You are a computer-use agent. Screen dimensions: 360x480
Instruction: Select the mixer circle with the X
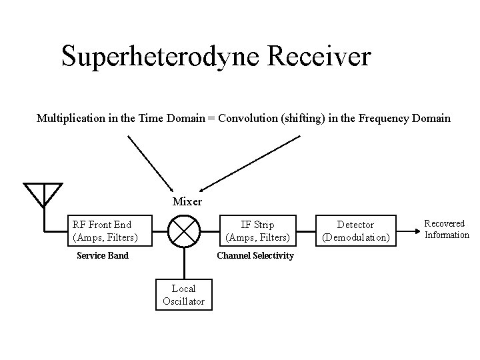point(183,231)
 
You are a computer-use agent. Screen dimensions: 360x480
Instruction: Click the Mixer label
point(187,201)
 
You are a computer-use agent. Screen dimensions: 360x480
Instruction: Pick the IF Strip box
point(258,231)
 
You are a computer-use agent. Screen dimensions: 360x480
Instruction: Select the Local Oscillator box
point(183,294)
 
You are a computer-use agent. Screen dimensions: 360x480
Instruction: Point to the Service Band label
point(103,255)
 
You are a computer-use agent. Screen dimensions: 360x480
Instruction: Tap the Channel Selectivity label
point(255,255)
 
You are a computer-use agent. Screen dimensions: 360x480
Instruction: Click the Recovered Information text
point(447,229)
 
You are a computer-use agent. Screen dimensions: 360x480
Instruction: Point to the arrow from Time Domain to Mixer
point(150,164)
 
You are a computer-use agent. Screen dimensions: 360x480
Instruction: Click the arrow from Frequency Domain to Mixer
point(250,163)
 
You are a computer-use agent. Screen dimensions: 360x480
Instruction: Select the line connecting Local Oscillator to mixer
point(183,263)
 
